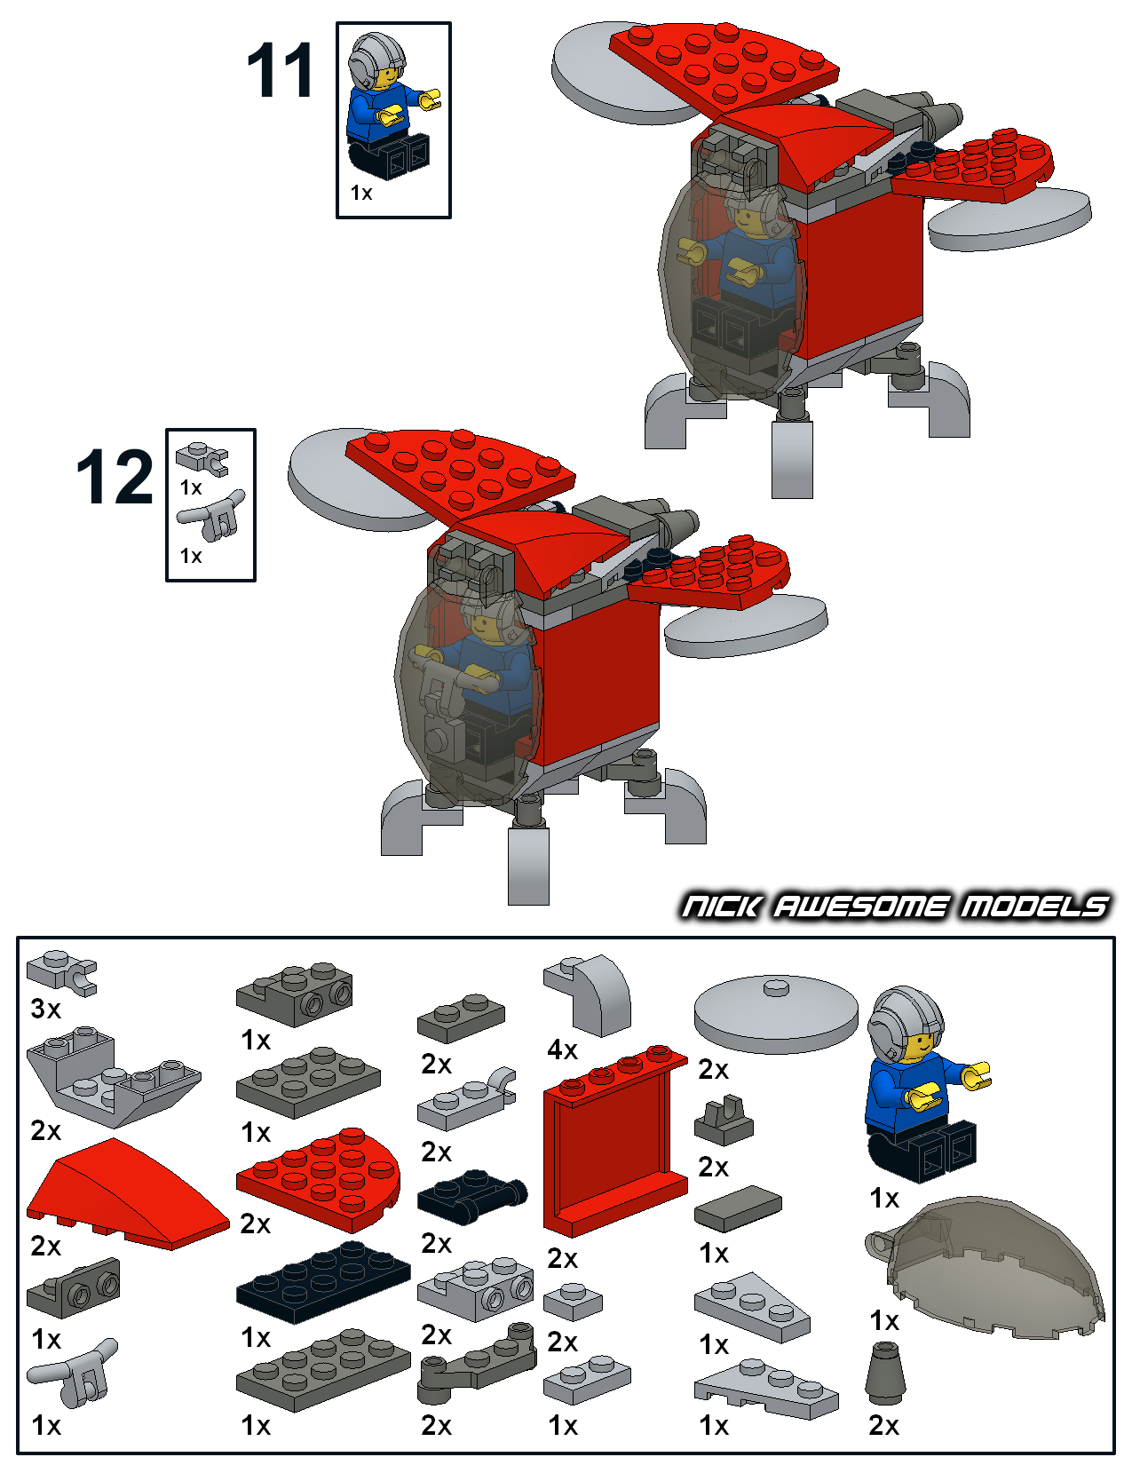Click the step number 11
(x=281, y=70)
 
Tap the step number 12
(x=115, y=477)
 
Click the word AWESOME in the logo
(x=860, y=907)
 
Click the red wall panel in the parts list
(x=615, y=1141)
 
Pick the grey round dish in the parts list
(x=776, y=1012)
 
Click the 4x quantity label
(x=562, y=1049)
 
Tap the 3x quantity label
(x=45, y=1010)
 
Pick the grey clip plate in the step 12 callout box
(x=202, y=458)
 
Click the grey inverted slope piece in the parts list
(x=114, y=1077)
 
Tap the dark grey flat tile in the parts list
(x=739, y=1208)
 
